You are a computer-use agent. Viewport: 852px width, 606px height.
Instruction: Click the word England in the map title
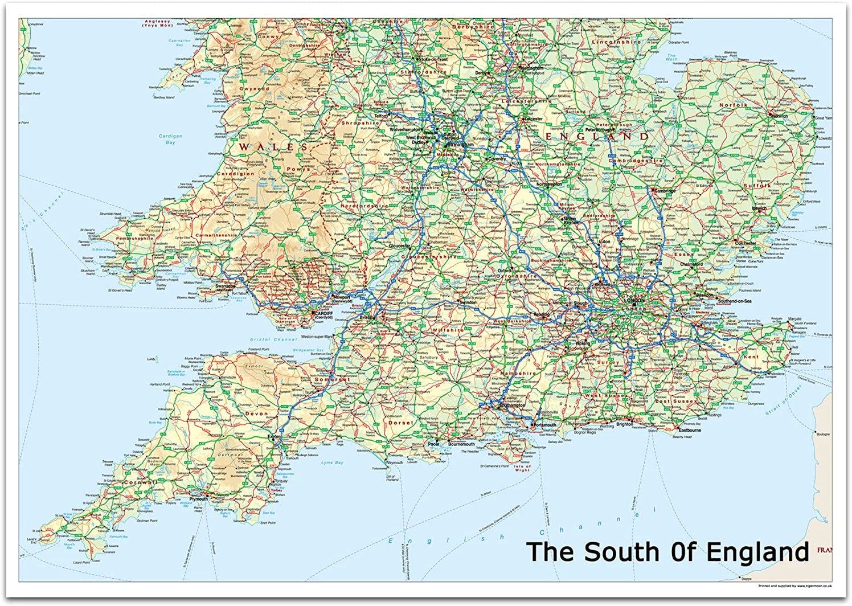[x=757, y=552]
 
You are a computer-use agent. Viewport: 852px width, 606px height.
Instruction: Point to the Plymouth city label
[x=199, y=499]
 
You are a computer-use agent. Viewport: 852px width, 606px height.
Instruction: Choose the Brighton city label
[x=624, y=424]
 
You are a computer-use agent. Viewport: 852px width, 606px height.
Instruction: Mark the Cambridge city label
[x=664, y=191]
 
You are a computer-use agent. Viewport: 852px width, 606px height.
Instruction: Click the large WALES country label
[x=265, y=148]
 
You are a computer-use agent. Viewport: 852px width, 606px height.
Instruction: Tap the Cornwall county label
[x=139, y=482]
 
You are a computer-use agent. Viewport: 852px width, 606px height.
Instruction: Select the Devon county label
[x=256, y=413]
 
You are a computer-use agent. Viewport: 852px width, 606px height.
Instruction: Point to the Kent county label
[x=751, y=357]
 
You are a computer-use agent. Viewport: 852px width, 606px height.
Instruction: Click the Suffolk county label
[x=756, y=186]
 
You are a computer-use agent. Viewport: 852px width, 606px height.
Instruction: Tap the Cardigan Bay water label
[x=170, y=139]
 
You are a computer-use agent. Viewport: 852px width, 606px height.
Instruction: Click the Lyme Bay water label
[x=332, y=462]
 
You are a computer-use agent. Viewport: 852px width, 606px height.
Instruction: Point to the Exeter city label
[x=274, y=437]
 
